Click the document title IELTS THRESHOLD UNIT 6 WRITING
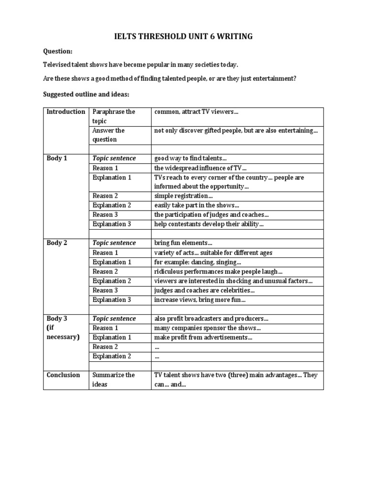[x=183, y=36]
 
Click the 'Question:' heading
[x=57, y=51]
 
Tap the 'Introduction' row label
[x=66, y=112]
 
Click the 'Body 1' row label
[x=56, y=158]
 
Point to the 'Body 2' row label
[x=56, y=243]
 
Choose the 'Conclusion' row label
[x=63, y=375]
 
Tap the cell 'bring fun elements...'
[x=183, y=243]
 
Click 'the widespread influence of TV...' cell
[x=200, y=168]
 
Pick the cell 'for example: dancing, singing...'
[x=197, y=262]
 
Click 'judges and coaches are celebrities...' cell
[x=204, y=290]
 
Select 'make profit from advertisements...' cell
[x=203, y=337]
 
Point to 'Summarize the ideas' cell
[x=114, y=380]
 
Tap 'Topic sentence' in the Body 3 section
[x=114, y=319]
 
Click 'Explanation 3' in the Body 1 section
[x=112, y=224]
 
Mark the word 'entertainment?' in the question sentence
[x=274, y=78]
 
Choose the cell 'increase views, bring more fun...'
[x=200, y=300]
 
